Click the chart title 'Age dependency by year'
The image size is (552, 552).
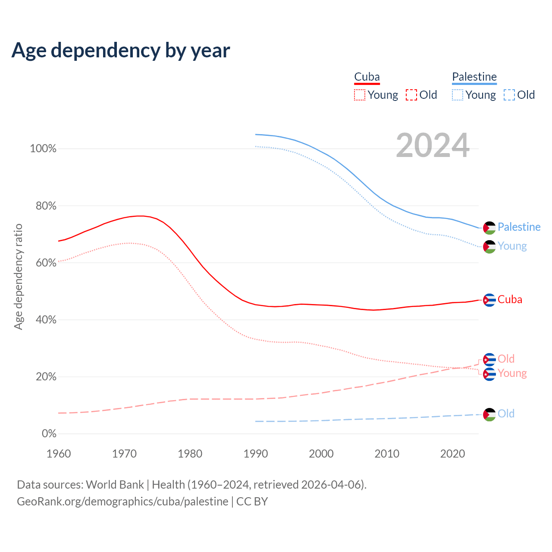tap(121, 50)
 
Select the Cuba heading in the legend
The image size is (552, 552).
tap(367, 77)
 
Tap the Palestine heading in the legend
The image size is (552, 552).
tap(474, 77)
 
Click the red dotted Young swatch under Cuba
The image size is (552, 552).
tap(360, 95)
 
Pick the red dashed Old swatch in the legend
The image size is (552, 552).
tap(411, 95)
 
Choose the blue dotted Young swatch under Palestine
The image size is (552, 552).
tap(458, 95)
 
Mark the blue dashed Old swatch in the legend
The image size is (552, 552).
tap(509, 95)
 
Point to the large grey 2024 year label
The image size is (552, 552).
tap(433, 146)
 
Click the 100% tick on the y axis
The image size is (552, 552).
tap(43, 149)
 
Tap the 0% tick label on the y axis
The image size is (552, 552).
tap(49, 434)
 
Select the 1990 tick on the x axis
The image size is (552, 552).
tap(256, 454)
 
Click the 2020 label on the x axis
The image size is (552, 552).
tap(452, 454)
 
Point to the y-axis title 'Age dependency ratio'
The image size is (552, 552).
tap(19, 276)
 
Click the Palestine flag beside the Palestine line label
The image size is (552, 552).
tap(489, 228)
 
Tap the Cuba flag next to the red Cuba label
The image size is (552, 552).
tap(489, 300)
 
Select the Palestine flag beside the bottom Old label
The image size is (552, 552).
tap(489, 414)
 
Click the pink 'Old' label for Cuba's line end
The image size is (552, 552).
tap(506, 359)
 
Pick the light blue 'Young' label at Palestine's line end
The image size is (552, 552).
tap(512, 246)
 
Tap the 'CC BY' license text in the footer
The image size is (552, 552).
tap(252, 502)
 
